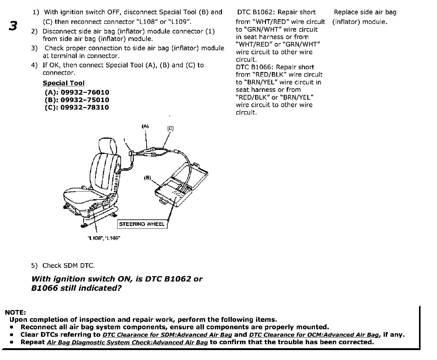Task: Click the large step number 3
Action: point(13,26)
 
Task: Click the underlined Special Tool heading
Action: point(63,83)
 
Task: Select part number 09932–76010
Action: point(85,92)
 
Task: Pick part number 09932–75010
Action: point(85,100)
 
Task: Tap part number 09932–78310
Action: point(85,107)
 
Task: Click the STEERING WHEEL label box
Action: point(142,224)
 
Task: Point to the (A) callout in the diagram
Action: point(145,126)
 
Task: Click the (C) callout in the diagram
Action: point(170,128)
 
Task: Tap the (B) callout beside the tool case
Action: point(147,178)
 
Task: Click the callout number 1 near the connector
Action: point(124,140)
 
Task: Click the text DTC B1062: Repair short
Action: point(276,12)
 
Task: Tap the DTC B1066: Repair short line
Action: point(275,67)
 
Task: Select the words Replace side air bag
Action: point(365,12)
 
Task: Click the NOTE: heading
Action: point(15,312)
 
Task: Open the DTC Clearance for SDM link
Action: point(167,335)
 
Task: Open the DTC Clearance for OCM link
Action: point(314,335)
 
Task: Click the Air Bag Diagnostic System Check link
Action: point(127,342)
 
